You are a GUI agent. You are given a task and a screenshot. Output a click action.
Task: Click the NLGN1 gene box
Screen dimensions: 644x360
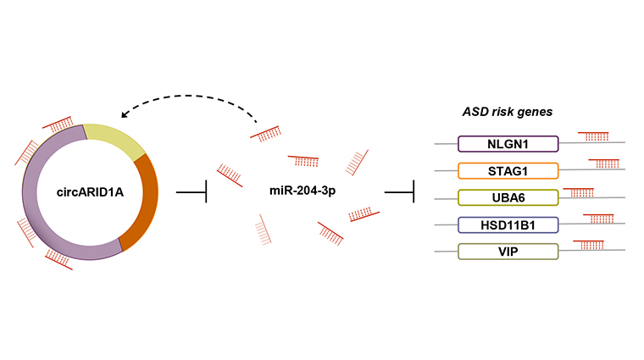508,144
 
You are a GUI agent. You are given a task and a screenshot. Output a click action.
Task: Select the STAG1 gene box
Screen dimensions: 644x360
508,171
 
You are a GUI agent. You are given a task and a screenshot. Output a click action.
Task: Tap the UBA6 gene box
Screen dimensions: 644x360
508,197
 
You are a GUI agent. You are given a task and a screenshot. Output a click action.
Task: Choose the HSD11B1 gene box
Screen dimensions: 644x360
508,225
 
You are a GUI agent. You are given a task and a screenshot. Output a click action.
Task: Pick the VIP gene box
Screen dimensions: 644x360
508,252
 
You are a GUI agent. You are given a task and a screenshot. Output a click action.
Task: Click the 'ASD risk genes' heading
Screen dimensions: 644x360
508,112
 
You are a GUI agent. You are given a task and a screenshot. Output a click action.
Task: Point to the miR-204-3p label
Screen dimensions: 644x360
303,191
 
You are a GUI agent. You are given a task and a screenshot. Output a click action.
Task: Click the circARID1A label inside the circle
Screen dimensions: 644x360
90,192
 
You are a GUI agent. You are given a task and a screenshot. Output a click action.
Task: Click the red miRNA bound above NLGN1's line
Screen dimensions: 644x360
593,136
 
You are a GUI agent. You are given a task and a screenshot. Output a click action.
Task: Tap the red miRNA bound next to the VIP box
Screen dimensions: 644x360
589,245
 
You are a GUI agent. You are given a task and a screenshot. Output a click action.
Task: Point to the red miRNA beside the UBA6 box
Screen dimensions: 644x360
579,192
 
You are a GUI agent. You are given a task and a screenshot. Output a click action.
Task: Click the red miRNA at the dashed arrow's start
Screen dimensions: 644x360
266,133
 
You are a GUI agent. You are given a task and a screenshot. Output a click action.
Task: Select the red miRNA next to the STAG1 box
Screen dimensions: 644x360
604,163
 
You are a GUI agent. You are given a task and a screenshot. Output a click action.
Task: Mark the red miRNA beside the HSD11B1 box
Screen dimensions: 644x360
599,219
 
